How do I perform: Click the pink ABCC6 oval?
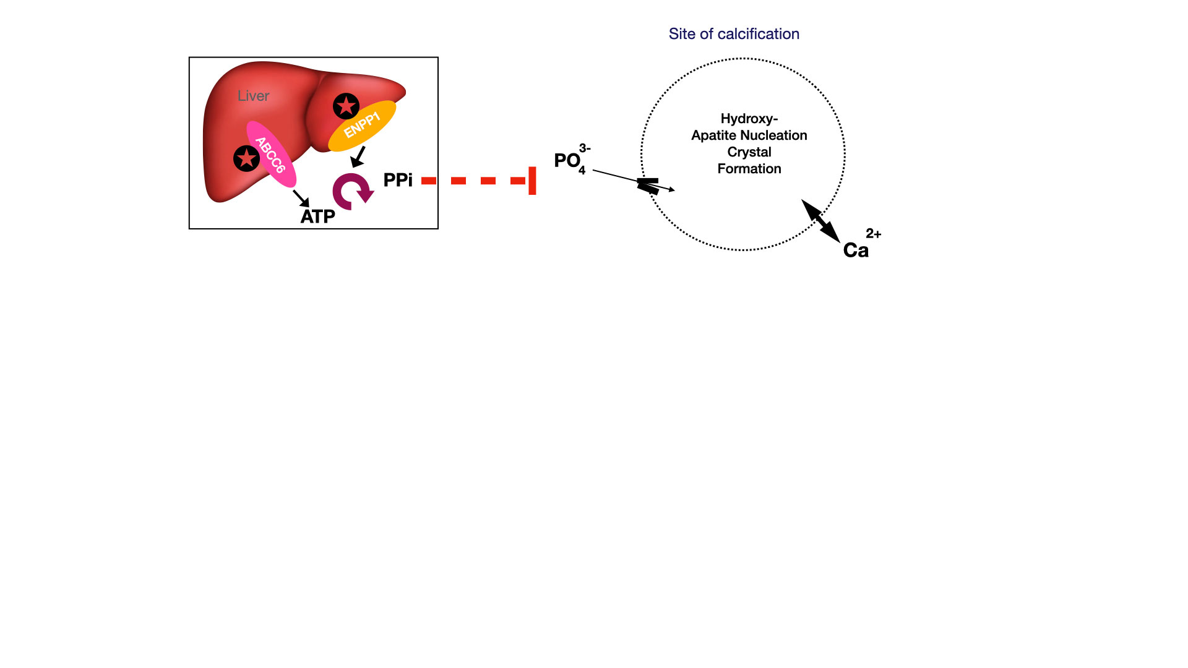point(272,154)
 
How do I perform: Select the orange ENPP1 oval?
point(362,126)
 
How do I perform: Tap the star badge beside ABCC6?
point(246,159)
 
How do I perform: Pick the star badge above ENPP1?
point(346,106)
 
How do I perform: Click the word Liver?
point(253,96)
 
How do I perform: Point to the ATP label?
point(317,216)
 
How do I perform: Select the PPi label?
point(398,180)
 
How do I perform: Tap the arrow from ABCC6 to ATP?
point(301,198)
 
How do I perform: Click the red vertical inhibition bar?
point(532,181)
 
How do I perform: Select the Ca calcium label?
point(856,250)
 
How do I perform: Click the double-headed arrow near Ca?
point(820,221)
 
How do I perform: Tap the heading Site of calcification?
point(734,34)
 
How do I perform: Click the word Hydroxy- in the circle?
point(749,119)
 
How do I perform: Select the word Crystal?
point(749,152)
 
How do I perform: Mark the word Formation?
point(749,169)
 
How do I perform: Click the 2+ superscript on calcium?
point(873,234)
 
